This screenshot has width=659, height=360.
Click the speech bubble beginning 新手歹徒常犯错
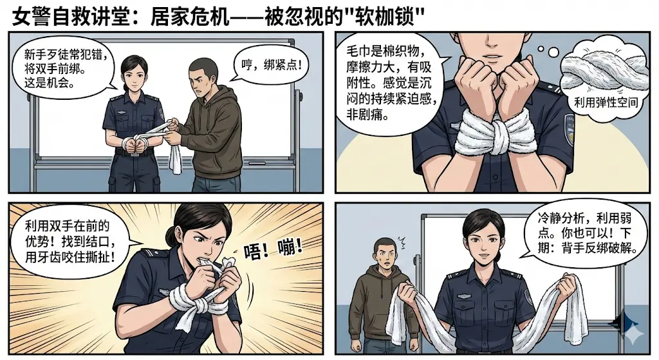click(62, 68)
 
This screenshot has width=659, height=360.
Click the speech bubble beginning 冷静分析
click(582, 233)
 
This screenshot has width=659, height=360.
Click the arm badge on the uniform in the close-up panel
click(570, 127)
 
